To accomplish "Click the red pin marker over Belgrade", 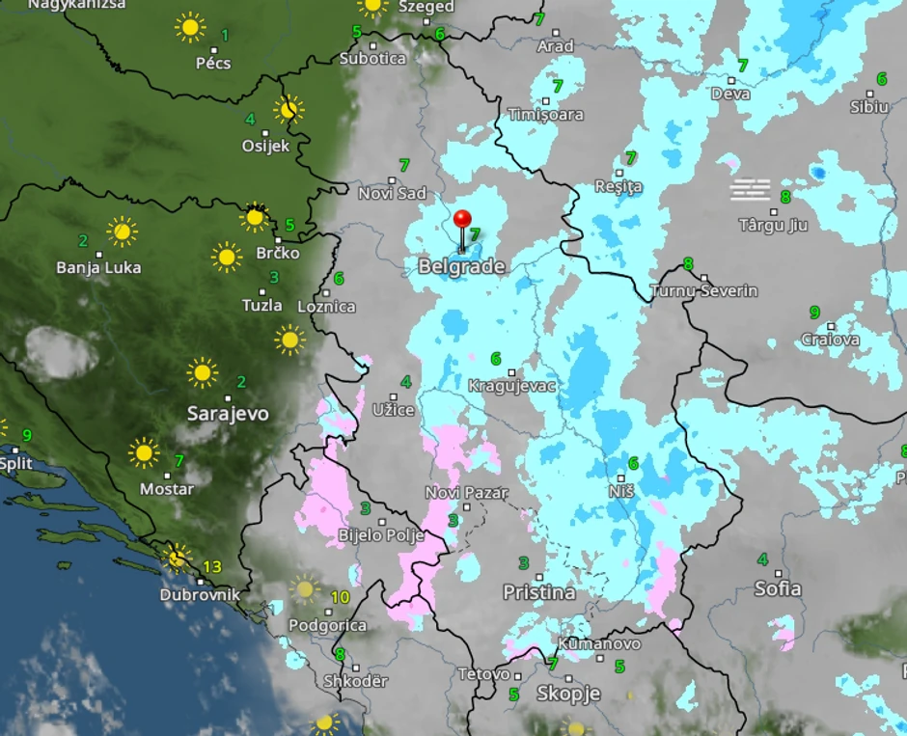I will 462,221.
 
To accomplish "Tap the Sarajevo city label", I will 228,414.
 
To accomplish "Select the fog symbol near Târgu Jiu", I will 751,189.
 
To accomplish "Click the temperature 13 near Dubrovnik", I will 212,567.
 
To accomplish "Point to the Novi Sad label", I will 392,194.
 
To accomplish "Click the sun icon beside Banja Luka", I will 122,232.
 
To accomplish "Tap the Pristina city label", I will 538,592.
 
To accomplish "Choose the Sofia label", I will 777,588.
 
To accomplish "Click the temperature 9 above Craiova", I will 814,313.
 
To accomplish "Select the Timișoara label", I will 546,115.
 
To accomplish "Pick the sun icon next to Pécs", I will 190,27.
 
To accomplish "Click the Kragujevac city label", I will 511,386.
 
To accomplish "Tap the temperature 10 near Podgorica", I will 340,598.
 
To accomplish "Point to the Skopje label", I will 568,693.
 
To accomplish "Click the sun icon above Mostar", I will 144,451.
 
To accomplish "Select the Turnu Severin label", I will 703,290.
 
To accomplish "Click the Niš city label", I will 621,491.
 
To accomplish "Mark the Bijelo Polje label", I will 380,535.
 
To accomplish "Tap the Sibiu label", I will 868,107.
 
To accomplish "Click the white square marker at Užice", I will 394,396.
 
